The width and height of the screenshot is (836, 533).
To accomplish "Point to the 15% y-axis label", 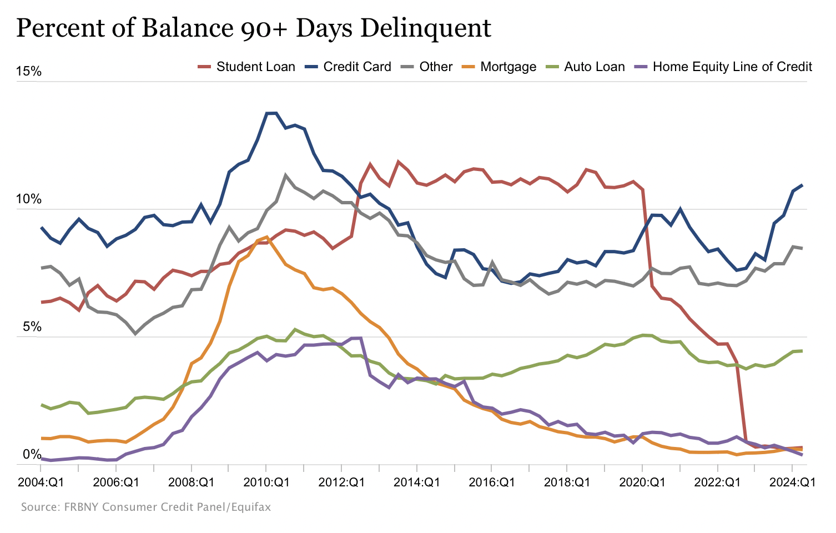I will coord(28,72).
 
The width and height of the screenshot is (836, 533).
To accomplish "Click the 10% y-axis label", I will coord(28,199).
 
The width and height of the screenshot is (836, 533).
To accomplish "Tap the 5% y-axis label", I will coord(32,327).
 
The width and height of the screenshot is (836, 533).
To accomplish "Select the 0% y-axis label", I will coord(32,455).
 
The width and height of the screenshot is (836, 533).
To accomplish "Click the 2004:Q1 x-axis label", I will coord(41,482).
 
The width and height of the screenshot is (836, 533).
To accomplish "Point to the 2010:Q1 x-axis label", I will coord(266,482).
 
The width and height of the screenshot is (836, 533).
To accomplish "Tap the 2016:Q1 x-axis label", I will coord(492,482).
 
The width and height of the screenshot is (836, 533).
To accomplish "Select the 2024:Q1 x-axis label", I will coord(792,482).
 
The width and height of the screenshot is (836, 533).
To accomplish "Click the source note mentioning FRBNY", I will coord(146,507).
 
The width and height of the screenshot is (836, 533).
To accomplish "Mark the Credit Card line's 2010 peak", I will coord(271,113).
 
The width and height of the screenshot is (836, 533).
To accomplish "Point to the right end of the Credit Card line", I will coord(802,185).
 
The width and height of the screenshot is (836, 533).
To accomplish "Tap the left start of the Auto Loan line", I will coord(42,405).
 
